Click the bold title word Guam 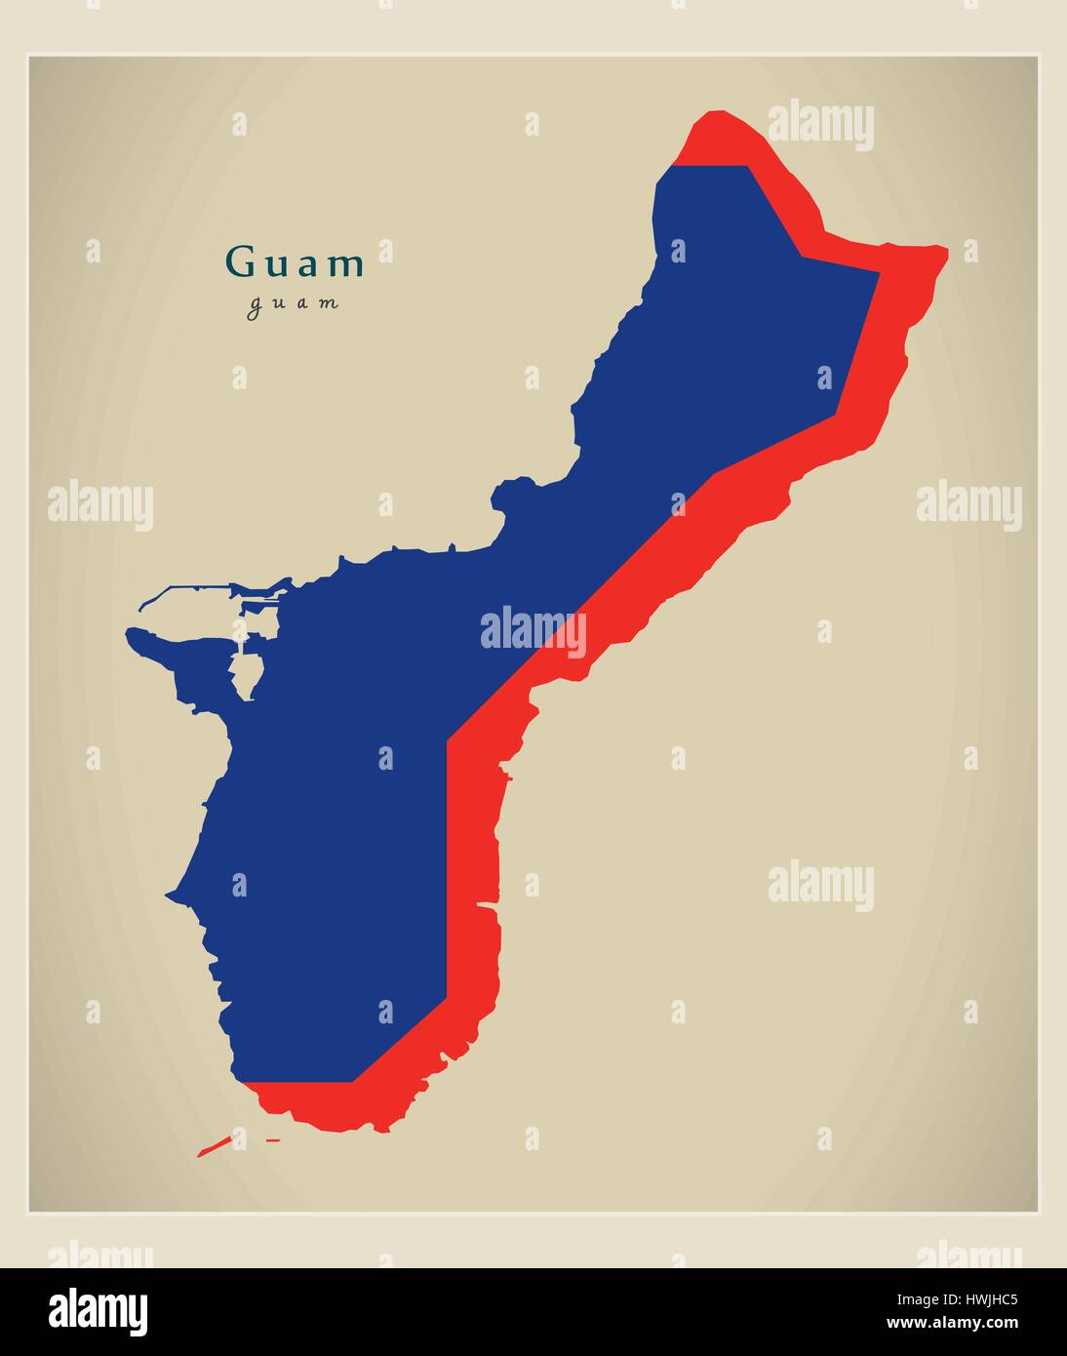pyautogui.click(x=295, y=263)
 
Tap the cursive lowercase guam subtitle pyautogui.click(x=294, y=303)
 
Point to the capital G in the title pyautogui.click(x=238, y=262)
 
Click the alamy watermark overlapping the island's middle pyautogui.click(x=533, y=631)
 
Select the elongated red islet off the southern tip pyautogui.click(x=214, y=1145)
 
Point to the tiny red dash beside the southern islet pyautogui.click(x=273, y=1139)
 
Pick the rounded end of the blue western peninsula pyautogui.click(x=133, y=634)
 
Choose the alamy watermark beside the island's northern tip pyautogui.click(x=820, y=125)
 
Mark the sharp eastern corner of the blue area pyautogui.click(x=878, y=276)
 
